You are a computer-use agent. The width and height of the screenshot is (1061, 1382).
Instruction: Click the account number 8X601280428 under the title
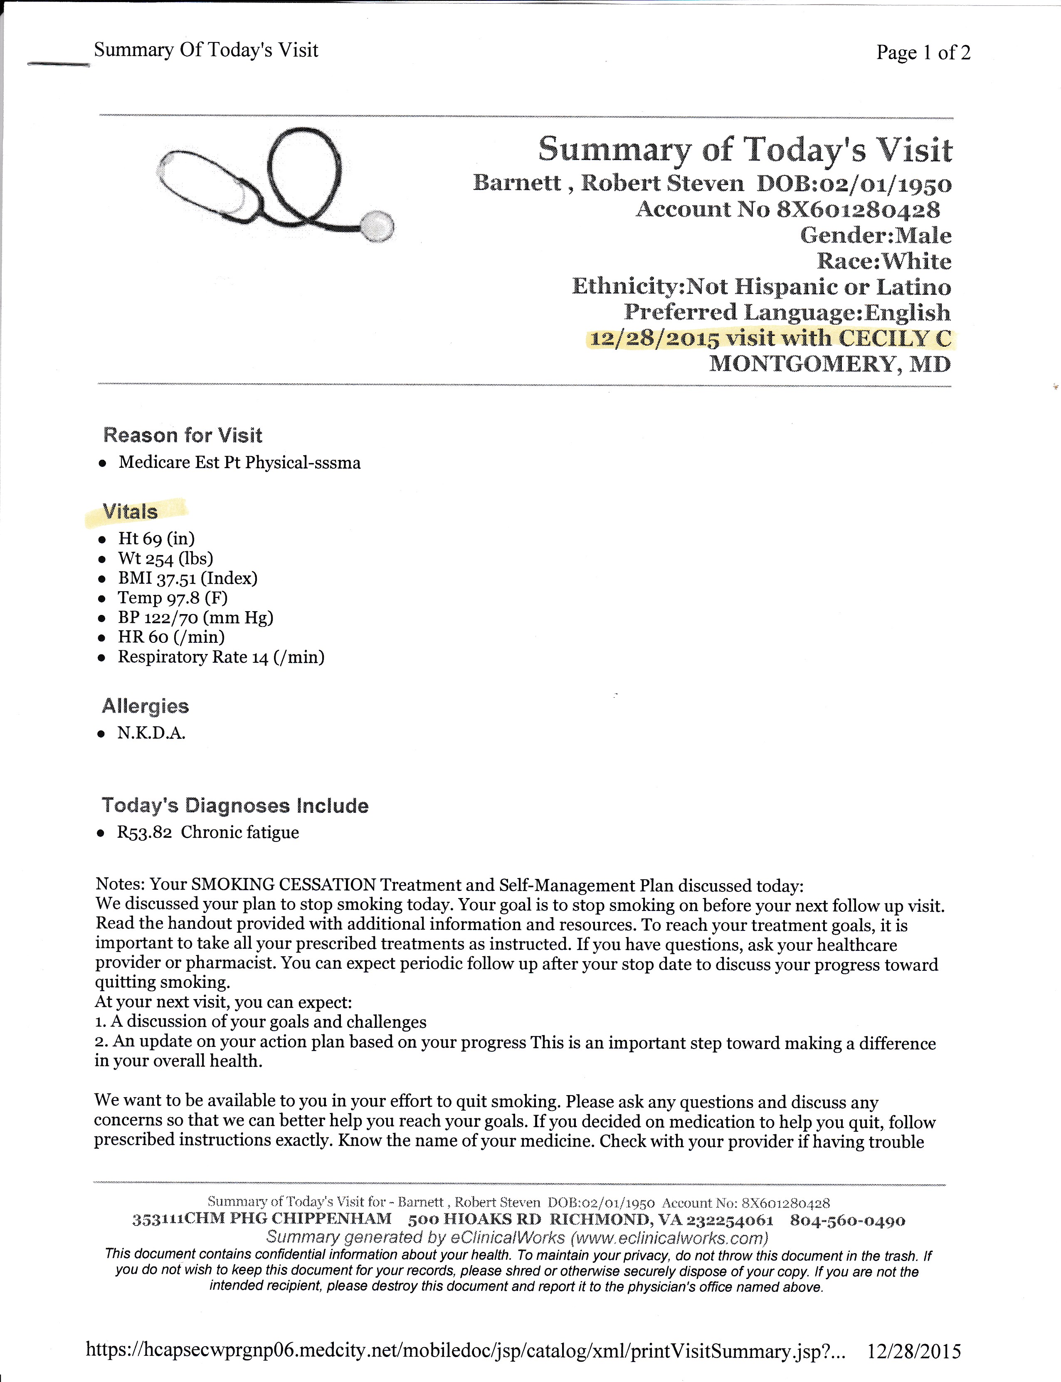858,210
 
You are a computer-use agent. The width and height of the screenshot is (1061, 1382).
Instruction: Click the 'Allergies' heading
145,706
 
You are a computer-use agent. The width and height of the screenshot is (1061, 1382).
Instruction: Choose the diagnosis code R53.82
145,832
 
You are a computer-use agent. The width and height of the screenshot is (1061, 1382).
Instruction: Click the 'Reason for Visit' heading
183,435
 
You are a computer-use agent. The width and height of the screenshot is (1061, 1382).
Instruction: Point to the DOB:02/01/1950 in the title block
854,184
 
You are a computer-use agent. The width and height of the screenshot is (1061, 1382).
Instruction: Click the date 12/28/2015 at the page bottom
914,1351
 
